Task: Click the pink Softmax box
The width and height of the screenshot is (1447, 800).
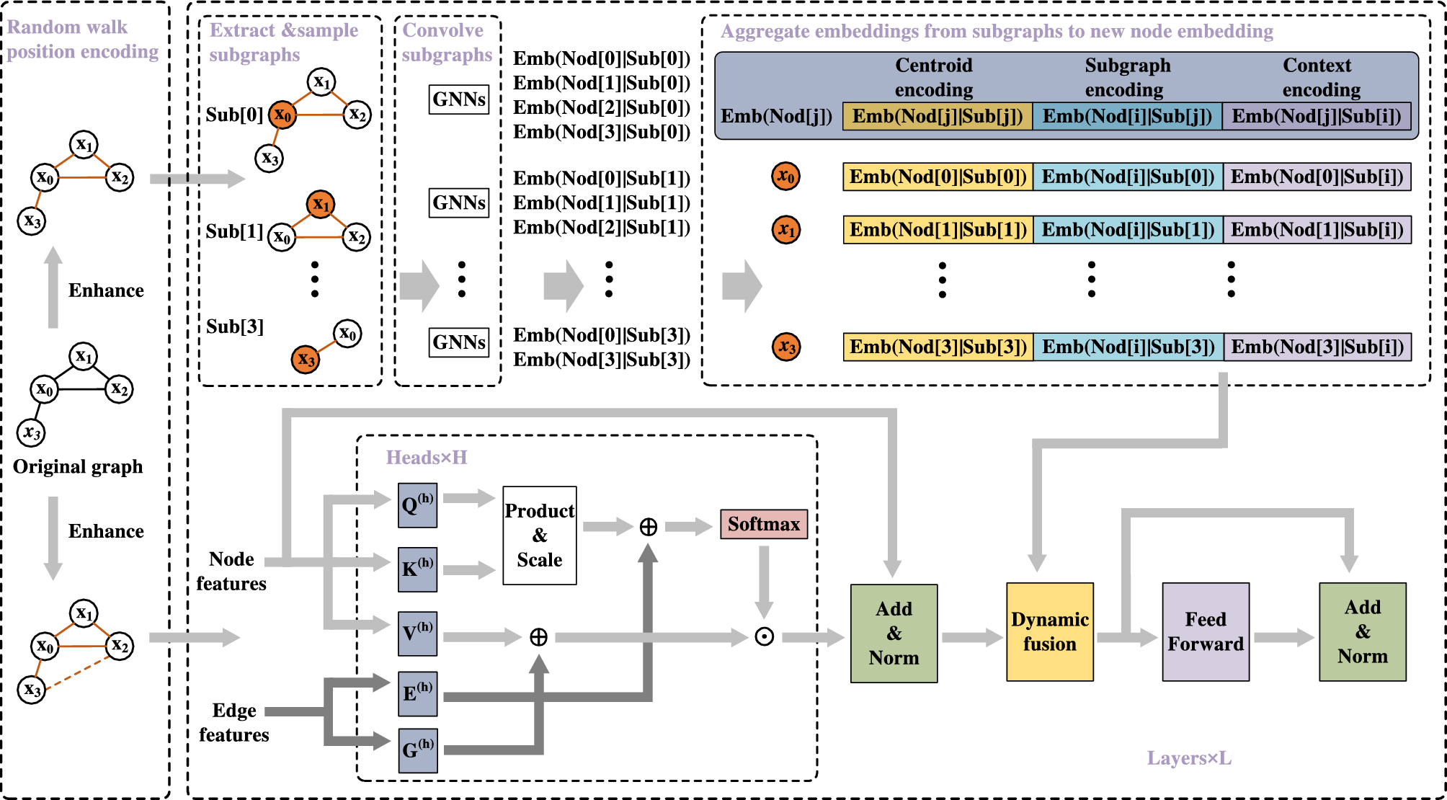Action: coord(763,524)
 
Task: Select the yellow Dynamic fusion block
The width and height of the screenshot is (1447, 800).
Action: coord(1049,632)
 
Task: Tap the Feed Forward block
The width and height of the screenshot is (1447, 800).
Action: coord(1205,632)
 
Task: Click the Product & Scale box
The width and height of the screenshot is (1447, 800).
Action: coord(539,535)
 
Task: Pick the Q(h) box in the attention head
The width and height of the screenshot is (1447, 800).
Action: coord(417,505)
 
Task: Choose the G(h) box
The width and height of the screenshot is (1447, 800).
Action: coord(417,750)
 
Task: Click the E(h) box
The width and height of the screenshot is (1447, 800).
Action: coord(417,693)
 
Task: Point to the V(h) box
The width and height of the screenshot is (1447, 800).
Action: coord(417,634)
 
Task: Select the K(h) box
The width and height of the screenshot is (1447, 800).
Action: coord(417,569)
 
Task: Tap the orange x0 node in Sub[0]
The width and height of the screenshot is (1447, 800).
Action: coord(282,115)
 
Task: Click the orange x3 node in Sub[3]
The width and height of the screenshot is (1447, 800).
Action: coord(306,359)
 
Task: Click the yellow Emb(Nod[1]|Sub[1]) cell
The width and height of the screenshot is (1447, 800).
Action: coord(938,230)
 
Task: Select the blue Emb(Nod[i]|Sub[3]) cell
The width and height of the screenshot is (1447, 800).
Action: coord(1128,347)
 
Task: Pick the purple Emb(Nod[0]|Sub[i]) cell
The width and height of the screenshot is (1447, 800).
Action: coord(1317,177)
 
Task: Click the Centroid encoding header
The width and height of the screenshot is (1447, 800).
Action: coord(933,77)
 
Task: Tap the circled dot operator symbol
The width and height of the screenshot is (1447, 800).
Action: coord(764,636)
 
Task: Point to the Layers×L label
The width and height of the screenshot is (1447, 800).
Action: coord(1188,758)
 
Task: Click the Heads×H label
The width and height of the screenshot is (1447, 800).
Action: coord(427,458)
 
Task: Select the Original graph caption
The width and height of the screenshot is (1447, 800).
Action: coord(78,467)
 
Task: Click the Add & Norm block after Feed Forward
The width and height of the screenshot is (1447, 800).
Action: coord(1362,632)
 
